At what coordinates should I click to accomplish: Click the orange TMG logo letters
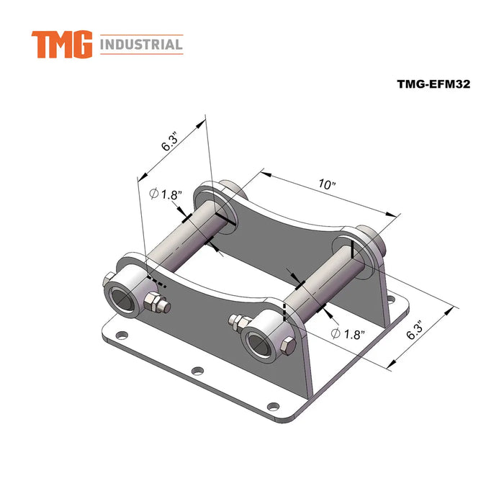[x=62, y=45]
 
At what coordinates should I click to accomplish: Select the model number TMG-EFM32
[x=433, y=84]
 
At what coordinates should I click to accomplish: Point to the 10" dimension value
[x=328, y=184]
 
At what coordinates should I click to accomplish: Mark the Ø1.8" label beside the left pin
[x=166, y=194]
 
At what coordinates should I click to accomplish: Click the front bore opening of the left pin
[x=122, y=299]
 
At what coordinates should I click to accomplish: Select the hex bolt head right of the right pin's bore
[x=287, y=347]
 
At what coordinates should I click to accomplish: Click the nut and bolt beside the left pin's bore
[x=156, y=304]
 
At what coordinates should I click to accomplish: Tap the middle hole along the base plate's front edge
[x=196, y=372]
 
